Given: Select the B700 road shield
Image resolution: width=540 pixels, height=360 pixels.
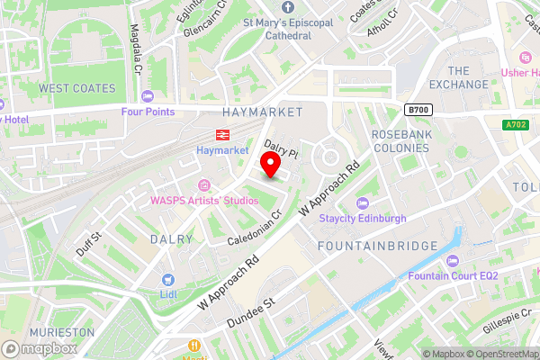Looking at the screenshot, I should coord(416,110).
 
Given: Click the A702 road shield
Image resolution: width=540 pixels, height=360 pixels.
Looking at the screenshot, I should coord(515,125).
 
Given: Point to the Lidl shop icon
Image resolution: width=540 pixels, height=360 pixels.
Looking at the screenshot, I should coord(167,280).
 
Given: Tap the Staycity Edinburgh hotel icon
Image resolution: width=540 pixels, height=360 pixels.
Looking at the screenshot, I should coord(362,203).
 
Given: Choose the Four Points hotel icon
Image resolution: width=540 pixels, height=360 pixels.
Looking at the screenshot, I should coord(148,96).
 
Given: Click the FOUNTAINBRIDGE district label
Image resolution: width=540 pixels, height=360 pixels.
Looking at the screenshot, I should coord(377,246).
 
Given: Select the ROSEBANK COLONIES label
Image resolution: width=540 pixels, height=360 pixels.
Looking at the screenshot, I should coord(400,140).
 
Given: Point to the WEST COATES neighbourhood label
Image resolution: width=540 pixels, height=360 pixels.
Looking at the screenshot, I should coord(77,88).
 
